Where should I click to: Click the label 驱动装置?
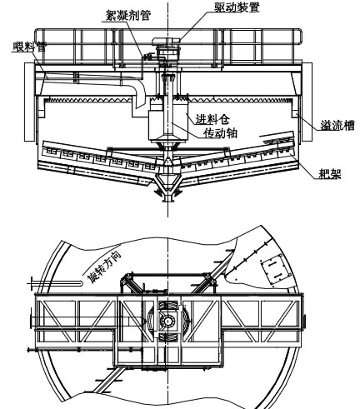237,7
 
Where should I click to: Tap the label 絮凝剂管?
128,15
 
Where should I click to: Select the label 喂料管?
30,47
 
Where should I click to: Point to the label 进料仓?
212,119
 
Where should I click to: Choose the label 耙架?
330,174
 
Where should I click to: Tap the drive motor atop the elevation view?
167,42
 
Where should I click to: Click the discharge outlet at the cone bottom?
167,197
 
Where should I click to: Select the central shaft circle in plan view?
167,322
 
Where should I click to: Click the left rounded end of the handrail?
39,37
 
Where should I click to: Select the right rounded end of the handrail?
297,37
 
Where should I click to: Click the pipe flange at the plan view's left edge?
31,322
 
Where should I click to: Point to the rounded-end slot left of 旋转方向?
55,283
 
